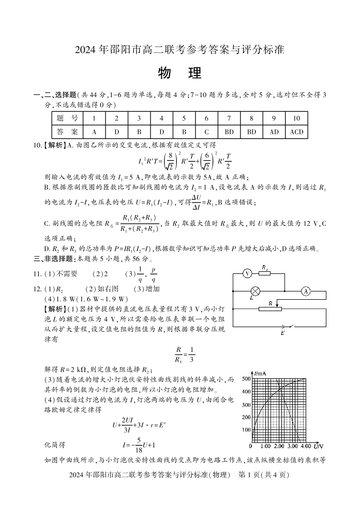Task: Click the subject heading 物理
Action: pos(180,73)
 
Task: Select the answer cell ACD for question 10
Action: pos(296,132)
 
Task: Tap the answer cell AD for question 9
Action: pos(274,132)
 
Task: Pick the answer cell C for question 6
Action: pos(206,132)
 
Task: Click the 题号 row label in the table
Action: pos(67,118)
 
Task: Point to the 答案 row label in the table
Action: pos(67,132)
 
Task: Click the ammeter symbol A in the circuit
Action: pos(305,291)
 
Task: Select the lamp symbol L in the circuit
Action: pos(254,291)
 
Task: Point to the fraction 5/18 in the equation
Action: pos(124,444)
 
